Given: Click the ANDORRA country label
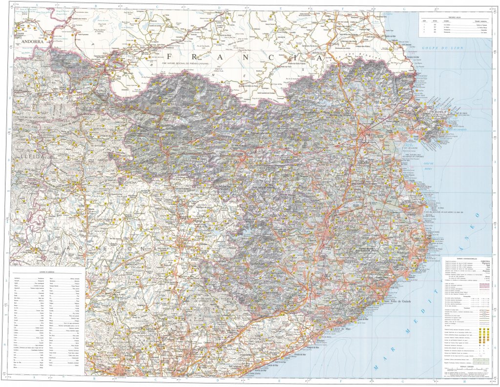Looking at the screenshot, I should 32,42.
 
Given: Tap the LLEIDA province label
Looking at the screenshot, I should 28,156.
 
